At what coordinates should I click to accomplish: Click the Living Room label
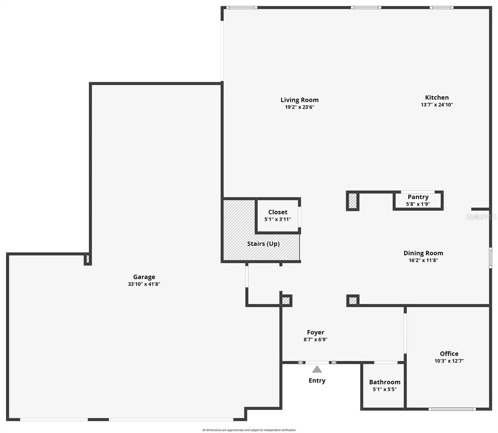[x=300, y=100]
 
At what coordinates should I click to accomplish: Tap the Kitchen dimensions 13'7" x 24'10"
[x=437, y=105]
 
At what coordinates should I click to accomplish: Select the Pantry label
[x=418, y=197]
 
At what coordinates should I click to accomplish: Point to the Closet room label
[x=278, y=212]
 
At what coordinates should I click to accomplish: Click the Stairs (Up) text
[x=263, y=244]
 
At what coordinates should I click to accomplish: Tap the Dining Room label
[x=423, y=253]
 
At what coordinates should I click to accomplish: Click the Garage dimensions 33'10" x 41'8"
[x=144, y=284]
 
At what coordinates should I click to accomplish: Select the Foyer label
[x=315, y=332]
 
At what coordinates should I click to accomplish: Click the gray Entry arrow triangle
[x=317, y=369]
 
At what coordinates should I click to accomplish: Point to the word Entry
[x=317, y=380]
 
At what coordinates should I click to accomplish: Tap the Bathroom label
[x=384, y=382]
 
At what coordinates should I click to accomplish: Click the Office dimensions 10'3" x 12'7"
[x=449, y=361]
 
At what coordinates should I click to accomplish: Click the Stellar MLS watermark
[x=481, y=216]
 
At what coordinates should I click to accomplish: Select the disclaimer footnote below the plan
[x=249, y=430]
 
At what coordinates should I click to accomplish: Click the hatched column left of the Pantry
[x=353, y=201]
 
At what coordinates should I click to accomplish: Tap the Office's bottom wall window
[x=452, y=409]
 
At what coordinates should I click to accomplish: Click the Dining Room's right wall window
[x=490, y=257]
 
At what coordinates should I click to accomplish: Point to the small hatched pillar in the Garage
[x=87, y=259]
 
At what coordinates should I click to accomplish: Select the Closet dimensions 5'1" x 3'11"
[x=278, y=219]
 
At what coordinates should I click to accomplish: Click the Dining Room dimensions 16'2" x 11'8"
[x=423, y=260]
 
